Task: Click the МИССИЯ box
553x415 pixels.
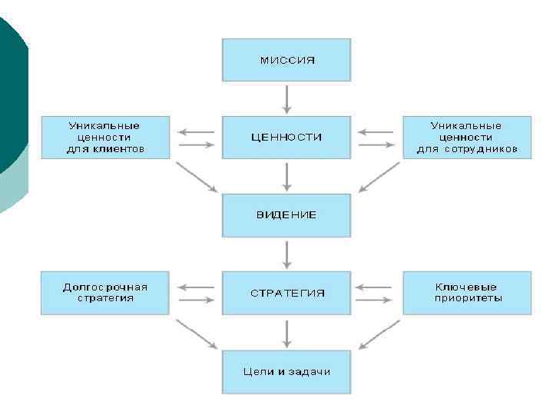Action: tap(286, 60)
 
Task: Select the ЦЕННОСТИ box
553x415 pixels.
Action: tap(286, 138)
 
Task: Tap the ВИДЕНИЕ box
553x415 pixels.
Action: tap(286, 215)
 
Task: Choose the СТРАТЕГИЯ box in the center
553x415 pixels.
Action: tap(286, 293)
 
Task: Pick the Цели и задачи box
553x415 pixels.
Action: tap(286, 371)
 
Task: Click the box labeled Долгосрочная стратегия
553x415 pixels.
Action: tap(105, 293)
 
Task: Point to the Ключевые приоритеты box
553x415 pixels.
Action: tap(467, 293)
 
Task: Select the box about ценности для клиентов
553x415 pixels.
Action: tap(105, 138)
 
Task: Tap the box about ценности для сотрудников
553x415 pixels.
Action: tap(467, 138)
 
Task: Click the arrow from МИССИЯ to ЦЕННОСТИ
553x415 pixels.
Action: tap(286, 98)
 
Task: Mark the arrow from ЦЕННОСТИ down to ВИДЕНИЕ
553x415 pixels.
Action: tap(286, 176)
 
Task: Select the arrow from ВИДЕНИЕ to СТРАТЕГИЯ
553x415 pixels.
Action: tap(286, 254)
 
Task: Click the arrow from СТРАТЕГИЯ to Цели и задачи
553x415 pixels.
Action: tap(286, 332)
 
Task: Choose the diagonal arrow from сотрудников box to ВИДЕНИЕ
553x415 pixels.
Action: tap(379, 177)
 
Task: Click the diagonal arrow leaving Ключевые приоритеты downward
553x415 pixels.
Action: tap(379, 334)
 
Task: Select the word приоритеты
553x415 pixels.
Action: tap(467, 298)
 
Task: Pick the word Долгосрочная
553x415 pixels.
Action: tap(105, 287)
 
